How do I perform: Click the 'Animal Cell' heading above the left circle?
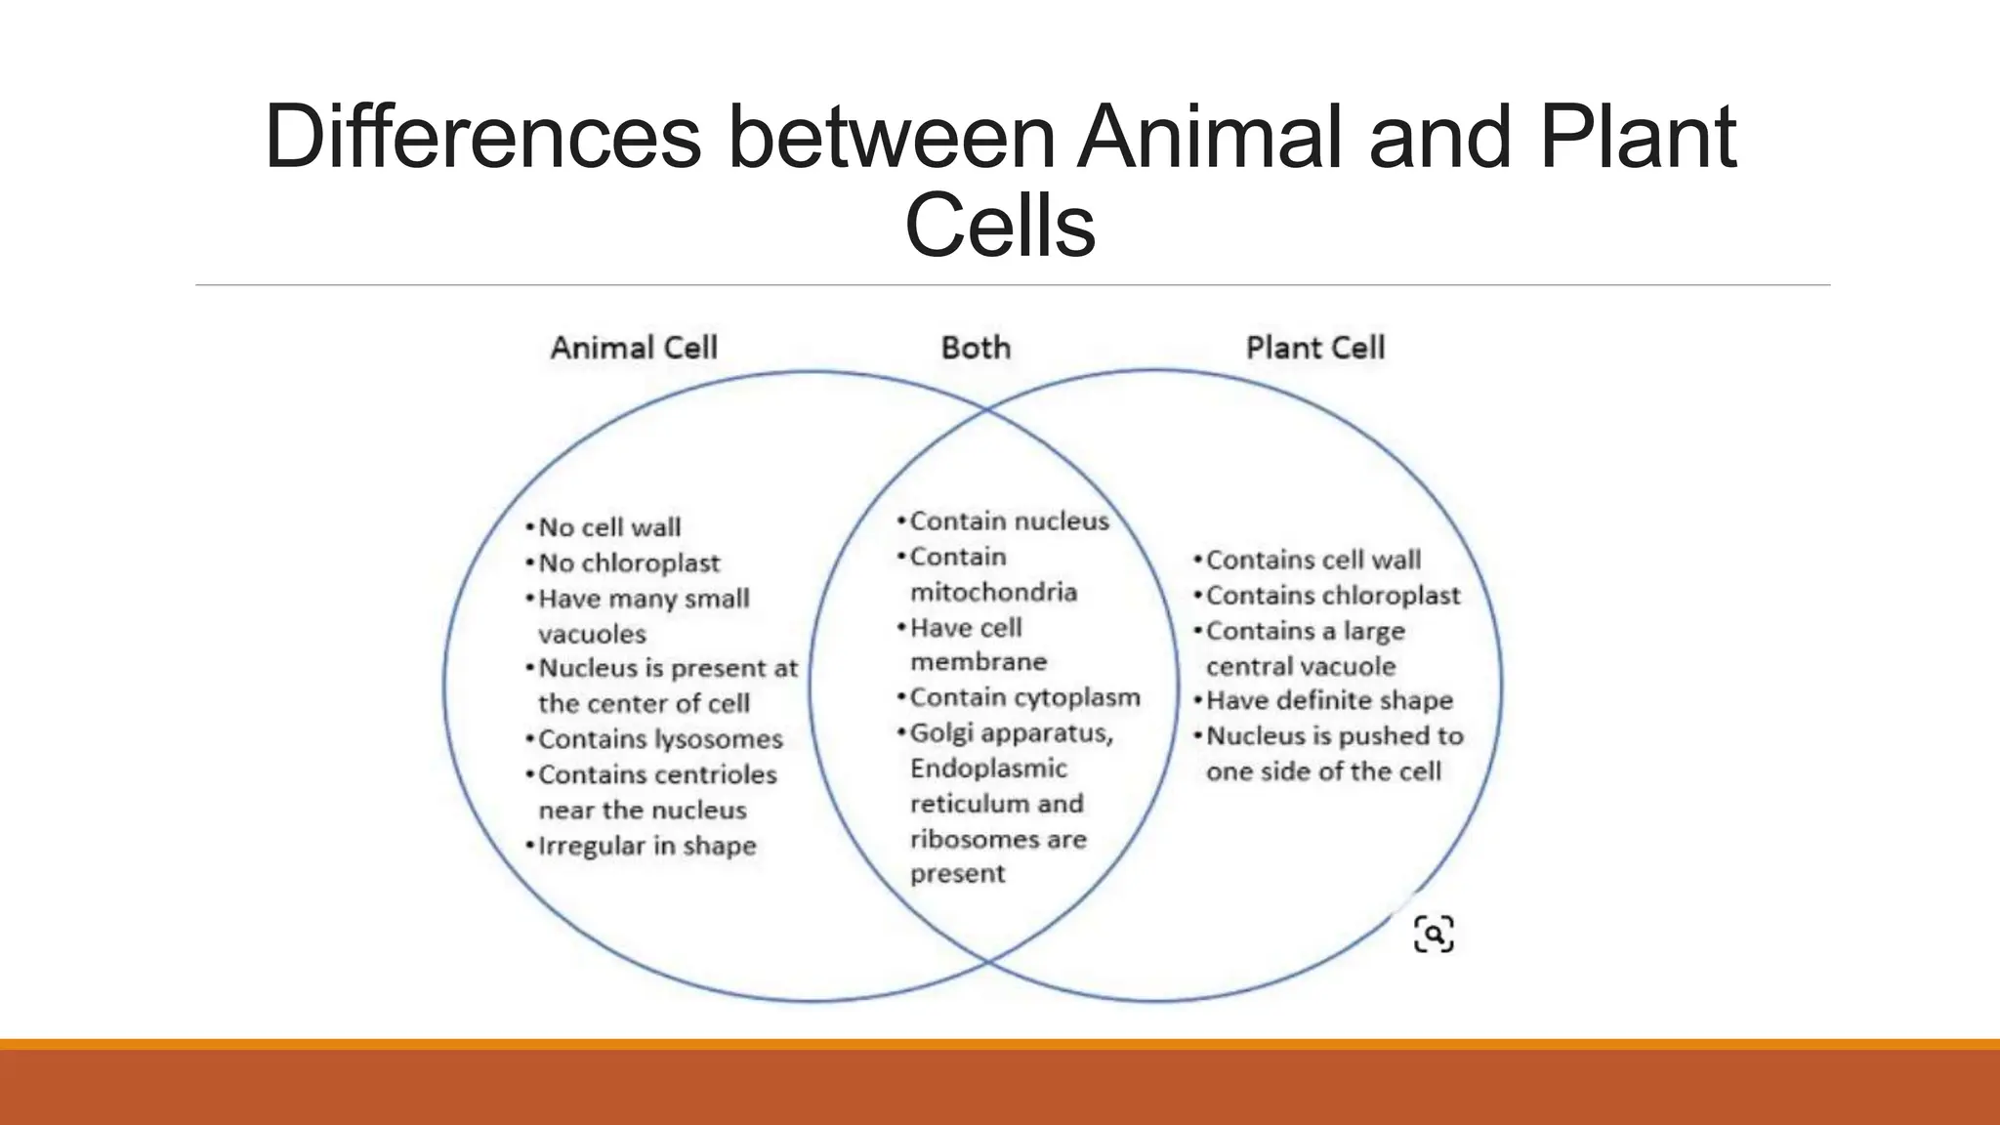pyautogui.click(x=634, y=348)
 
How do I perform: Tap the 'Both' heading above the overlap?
pyautogui.click(x=976, y=348)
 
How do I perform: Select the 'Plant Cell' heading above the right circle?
pyautogui.click(x=1314, y=348)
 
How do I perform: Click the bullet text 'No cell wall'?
pyautogui.click(x=609, y=527)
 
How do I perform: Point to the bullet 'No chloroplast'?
pyautogui.click(x=629, y=563)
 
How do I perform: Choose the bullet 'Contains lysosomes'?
pyautogui.click(x=660, y=739)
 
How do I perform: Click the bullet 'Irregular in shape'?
pyautogui.click(x=646, y=846)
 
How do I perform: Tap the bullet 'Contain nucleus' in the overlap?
pyautogui.click(x=1009, y=521)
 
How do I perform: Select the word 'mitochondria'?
pyautogui.click(x=993, y=593)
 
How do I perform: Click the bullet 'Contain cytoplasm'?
pyautogui.click(x=1024, y=697)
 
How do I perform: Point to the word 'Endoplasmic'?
pyautogui.click(x=988, y=769)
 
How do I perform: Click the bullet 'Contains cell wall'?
pyautogui.click(x=1312, y=561)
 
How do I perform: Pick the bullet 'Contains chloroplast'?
pyautogui.click(x=1332, y=596)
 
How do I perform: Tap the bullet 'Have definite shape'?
pyautogui.click(x=1328, y=700)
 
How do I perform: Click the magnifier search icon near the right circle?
pyautogui.click(x=1434, y=935)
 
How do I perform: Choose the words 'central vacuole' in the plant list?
pyautogui.click(x=1301, y=667)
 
